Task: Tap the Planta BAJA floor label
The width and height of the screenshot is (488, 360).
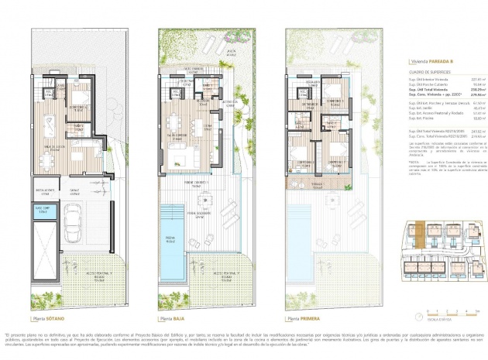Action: click(x=175, y=318)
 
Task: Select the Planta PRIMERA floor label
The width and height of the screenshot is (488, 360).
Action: click(x=303, y=318)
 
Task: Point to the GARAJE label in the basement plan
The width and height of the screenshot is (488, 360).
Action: click(x=76, y=189)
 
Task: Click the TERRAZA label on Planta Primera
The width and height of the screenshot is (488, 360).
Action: click(x=316, y=184)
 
